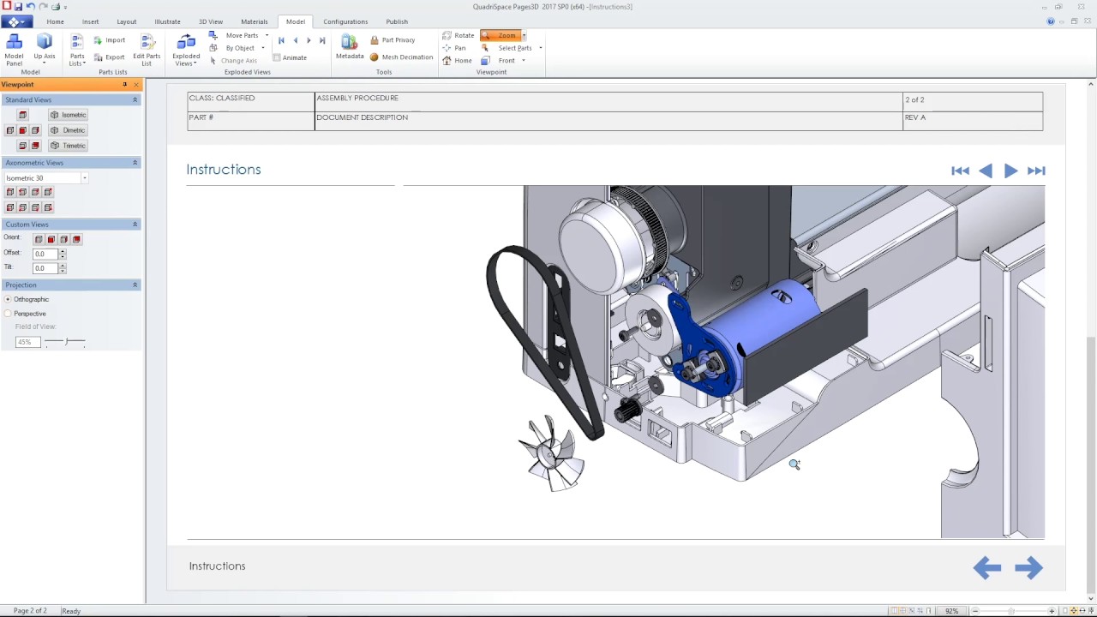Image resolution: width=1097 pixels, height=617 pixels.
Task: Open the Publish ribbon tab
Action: [x=396, y=21]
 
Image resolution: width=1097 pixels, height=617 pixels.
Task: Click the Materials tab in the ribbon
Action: [x=254, y=21]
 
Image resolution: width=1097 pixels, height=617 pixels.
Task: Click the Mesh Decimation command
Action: [x=402, y=57]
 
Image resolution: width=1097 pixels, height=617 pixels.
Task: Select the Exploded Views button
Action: [x=186, y=50]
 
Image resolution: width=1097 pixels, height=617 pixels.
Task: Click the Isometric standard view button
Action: [x=69, y=115]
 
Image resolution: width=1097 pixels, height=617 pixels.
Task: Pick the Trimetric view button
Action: [x=69, y=146]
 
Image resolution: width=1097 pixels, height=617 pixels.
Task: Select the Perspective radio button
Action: [x=9, y=314]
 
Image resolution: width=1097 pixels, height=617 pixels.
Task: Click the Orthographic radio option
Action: [x=9, y=299]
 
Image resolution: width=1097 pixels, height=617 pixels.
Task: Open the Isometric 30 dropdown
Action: [x=84, y=178]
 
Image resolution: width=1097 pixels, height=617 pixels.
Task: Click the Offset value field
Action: [x=45, y=254]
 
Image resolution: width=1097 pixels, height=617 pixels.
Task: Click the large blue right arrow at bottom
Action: [x=1028, y=567]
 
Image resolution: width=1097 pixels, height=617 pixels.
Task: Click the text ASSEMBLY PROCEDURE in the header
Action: [x=357, y=99]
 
